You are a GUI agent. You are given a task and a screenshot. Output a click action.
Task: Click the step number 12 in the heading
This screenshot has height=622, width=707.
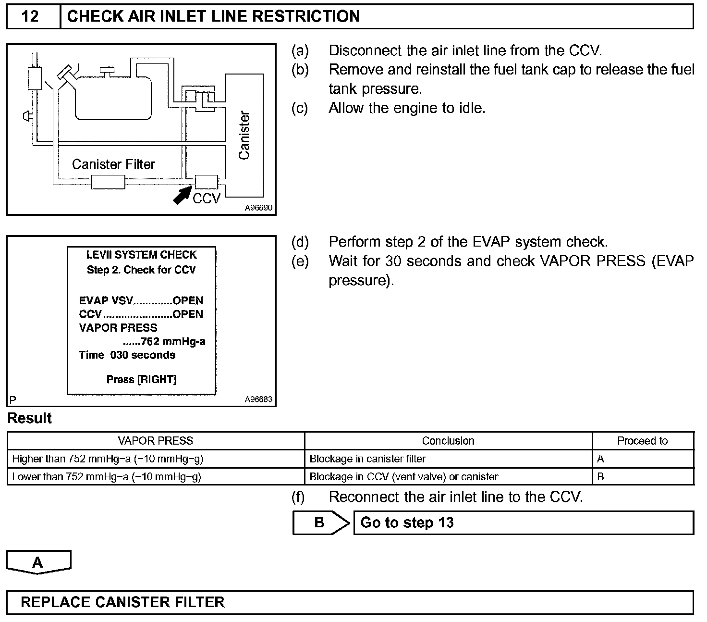30,16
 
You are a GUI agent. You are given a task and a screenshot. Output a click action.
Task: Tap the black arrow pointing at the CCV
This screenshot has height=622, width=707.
182,195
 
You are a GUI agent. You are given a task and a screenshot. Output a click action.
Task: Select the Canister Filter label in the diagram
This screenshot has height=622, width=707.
113,164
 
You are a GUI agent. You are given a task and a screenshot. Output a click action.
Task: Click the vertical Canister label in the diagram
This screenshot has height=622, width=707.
244,135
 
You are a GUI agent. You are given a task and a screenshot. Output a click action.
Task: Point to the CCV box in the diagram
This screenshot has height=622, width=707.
206,182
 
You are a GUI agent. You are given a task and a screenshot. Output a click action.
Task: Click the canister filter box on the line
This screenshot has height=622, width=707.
108,182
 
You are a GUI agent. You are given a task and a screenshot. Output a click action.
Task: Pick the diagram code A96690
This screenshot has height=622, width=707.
258,208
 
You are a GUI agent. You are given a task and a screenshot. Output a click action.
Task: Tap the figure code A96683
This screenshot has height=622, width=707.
258,399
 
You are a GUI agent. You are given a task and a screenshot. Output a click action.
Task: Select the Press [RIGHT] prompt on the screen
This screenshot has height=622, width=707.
142,380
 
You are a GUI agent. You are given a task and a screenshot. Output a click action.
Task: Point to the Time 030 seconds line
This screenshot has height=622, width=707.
127,355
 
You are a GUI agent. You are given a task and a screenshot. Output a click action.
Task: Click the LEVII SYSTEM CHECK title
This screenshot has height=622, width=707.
142,255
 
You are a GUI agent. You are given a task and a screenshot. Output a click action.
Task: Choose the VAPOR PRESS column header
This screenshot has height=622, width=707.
156,441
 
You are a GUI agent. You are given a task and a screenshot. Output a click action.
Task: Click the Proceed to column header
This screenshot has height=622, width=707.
642,441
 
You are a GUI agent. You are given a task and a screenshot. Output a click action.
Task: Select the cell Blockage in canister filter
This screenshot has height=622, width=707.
367,459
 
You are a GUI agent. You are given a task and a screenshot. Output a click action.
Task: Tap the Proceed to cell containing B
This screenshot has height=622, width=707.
600,477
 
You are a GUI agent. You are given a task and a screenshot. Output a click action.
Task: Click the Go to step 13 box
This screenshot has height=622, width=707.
523,522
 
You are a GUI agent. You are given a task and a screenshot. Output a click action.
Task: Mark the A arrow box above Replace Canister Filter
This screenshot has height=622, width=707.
38,562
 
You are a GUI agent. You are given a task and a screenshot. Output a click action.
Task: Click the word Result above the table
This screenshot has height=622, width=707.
30,418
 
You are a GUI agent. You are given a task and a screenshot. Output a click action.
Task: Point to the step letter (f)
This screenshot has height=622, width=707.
298,497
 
